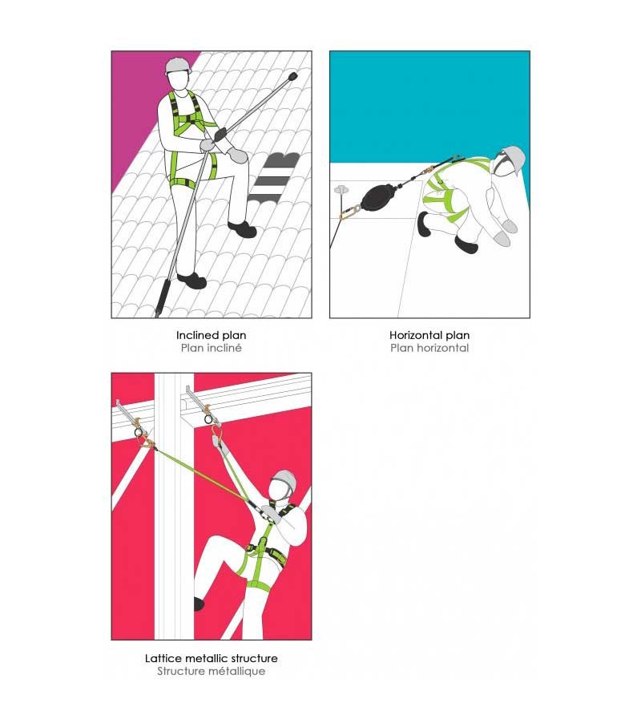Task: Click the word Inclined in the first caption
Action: (194, 335)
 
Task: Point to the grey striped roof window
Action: (273, 177)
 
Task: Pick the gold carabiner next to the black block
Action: (351, 212)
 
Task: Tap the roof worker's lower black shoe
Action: (191, 281)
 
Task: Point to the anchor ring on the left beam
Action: (139, 433)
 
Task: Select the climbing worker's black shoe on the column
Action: (199, 604)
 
